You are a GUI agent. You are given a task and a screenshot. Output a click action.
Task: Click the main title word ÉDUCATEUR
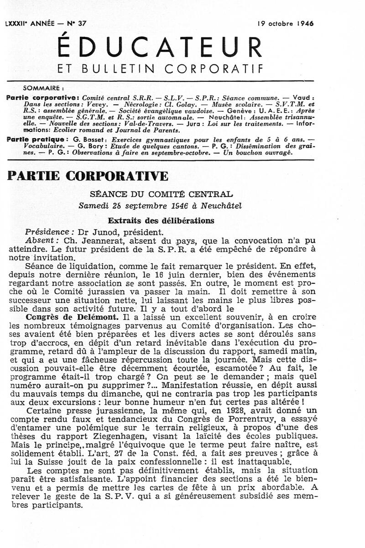[159, 47]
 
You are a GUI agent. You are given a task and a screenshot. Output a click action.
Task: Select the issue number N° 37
[75, 24]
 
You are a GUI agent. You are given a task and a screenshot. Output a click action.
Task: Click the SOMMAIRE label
[43, 89]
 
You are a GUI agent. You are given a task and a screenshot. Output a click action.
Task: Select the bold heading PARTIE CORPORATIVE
[88, 176]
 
